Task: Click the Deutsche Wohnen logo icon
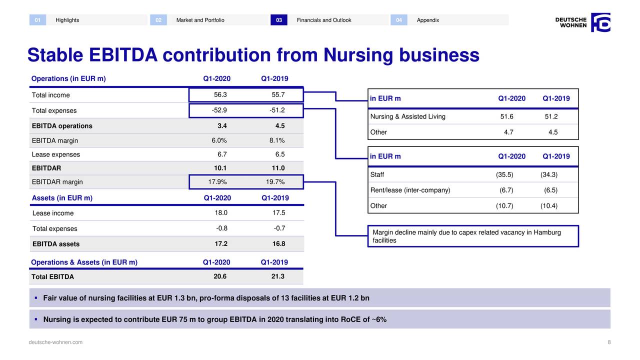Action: tap(600, 22)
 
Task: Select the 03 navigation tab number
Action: tap(279, 20)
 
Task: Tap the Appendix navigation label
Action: tap(427, 20)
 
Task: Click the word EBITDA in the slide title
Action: tap(123, 54)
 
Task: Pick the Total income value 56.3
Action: tap(220, 94)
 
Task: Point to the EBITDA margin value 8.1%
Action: tap(277, 140)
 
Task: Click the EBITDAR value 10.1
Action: tap(220, 168)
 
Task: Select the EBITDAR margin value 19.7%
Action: tap(275, 181)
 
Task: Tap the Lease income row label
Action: tap(53, 213)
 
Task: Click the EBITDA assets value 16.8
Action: tap(278, 243)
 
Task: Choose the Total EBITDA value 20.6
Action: tap(220, 276)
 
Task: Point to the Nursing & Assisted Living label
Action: tap(407, 116)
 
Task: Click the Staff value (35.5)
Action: tap(504, 174)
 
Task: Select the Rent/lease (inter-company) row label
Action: tap(410, 190)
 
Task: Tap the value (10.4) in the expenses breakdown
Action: tap(549, 205)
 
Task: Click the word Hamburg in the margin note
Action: tap(547, 232)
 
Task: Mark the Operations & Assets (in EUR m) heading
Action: tap(84, 262)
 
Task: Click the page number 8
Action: tap(609, 342)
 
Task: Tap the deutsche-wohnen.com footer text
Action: tap(55, 342)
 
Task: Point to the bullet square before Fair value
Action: tap(36, 297)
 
